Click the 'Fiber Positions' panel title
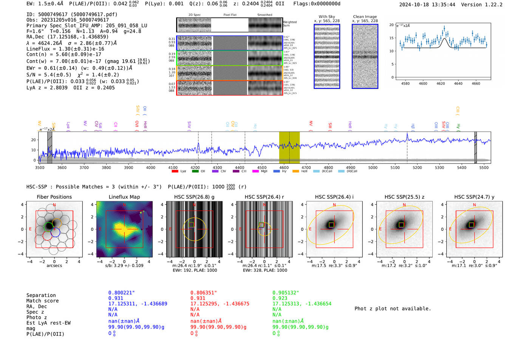pos(54,197)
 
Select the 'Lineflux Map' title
pos(124,197)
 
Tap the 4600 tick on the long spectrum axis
pos(284,167)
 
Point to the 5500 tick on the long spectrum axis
pos(484,167)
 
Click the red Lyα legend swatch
pos(175,171)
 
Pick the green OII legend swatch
pos(195,171)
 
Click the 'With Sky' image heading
pos(327,17)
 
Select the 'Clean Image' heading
pos(365,17)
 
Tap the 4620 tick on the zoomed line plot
pos(441,83)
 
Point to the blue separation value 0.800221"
pos(121,293)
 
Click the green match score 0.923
pos(280,298)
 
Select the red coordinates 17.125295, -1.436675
pos(220,304)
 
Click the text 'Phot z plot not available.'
pos(393,309)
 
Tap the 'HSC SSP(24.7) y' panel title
pos(474,197)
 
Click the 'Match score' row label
pos(42,301)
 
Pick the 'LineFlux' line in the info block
pos(65,49)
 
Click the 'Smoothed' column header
pos(264,15)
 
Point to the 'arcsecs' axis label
pos(54,266)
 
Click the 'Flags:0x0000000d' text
pos(317,4)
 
